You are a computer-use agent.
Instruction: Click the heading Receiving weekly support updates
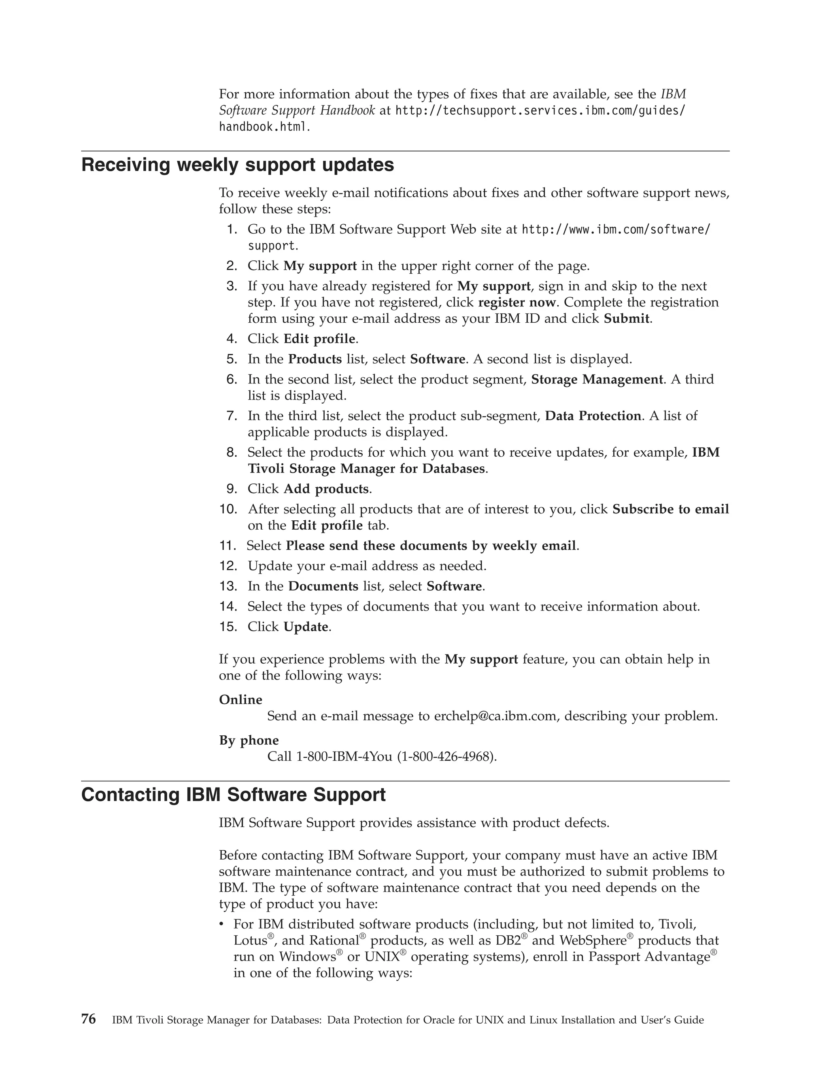click(237, 165)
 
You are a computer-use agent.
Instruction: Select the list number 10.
click(228, 509)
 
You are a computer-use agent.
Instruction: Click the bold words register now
click(516, 302)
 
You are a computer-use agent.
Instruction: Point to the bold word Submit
click(626, 318)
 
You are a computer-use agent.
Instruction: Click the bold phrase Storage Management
click(597, 379)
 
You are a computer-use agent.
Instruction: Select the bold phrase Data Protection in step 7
click(593, 416)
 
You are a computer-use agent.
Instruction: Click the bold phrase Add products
click(326, 489)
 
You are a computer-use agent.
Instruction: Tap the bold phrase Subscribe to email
click(670, 509)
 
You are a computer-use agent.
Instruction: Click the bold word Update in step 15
click(306, 627)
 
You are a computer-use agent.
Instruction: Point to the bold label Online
click(241, 700)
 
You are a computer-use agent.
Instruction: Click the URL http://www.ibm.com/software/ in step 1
click(615, 230)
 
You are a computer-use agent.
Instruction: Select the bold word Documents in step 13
click(323, 586)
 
